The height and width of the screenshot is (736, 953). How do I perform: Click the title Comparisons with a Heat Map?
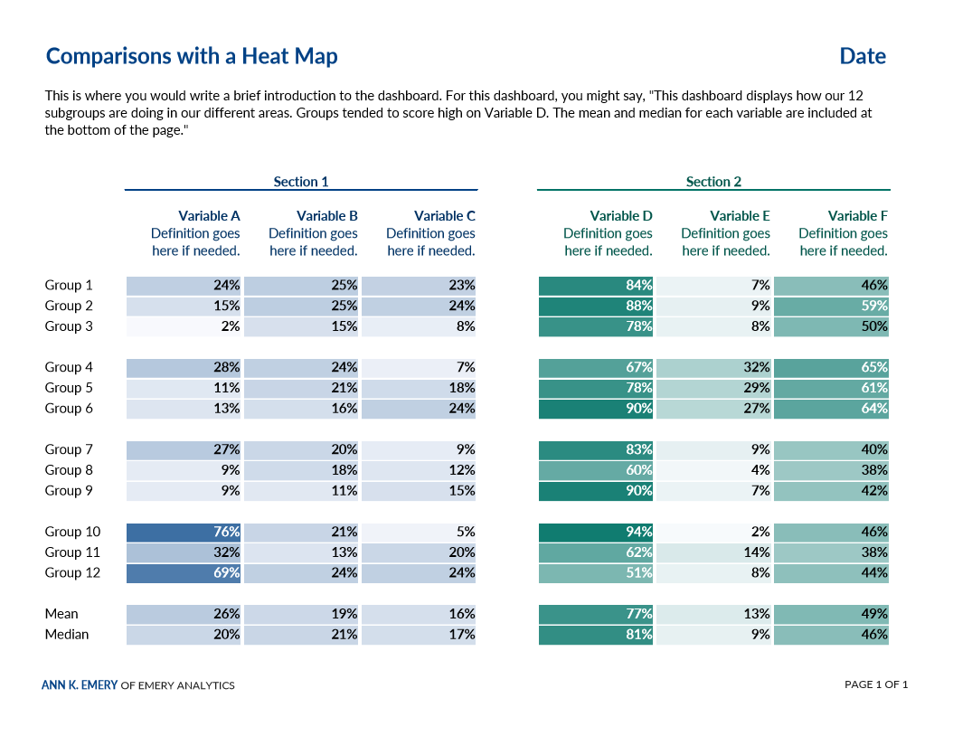click(192, 56)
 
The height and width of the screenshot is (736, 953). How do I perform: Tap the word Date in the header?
click(862, 56)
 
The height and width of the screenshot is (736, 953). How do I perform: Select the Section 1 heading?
click(301, 182)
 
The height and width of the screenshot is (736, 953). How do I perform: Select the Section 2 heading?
click(713, 182)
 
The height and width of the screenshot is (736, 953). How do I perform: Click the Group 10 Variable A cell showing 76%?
click(184, 532)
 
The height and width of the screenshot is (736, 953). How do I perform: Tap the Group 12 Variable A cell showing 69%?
click(184, 572)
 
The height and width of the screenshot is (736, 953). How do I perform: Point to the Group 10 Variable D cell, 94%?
click(597, 532)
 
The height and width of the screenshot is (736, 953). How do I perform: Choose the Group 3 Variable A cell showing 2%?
click(184, 326)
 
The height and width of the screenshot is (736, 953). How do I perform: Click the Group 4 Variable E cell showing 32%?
click(714, 367)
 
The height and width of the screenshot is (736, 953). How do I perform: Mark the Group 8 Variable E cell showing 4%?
click(714, 470)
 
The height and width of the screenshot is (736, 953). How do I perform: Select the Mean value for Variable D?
click(597, 614)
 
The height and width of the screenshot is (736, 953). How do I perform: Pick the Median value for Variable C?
click(420, 635)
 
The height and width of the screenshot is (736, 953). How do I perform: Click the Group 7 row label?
click(69, 449)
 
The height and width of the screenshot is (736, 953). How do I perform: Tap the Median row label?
click(67, 635)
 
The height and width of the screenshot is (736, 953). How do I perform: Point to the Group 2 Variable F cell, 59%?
click(832, 306)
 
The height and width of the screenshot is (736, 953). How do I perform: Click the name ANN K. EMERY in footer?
click(80, 685)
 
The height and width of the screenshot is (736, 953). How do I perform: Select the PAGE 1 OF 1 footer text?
click(875, 684)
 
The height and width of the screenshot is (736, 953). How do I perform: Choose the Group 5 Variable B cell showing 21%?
click(302, 388)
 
